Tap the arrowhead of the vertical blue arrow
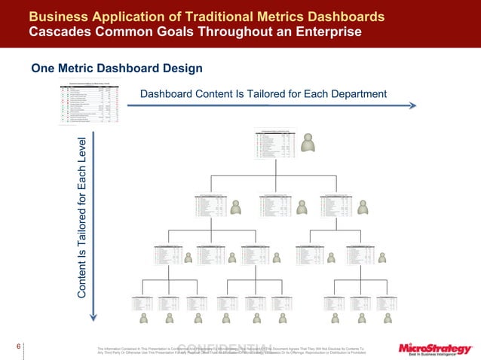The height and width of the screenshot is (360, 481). point(93,316)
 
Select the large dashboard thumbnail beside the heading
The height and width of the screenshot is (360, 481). point(97,100)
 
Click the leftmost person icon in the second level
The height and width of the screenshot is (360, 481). point(236,207)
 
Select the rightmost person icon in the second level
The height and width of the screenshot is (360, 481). point(363,207)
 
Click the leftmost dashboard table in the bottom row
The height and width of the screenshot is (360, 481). point(144,304)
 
